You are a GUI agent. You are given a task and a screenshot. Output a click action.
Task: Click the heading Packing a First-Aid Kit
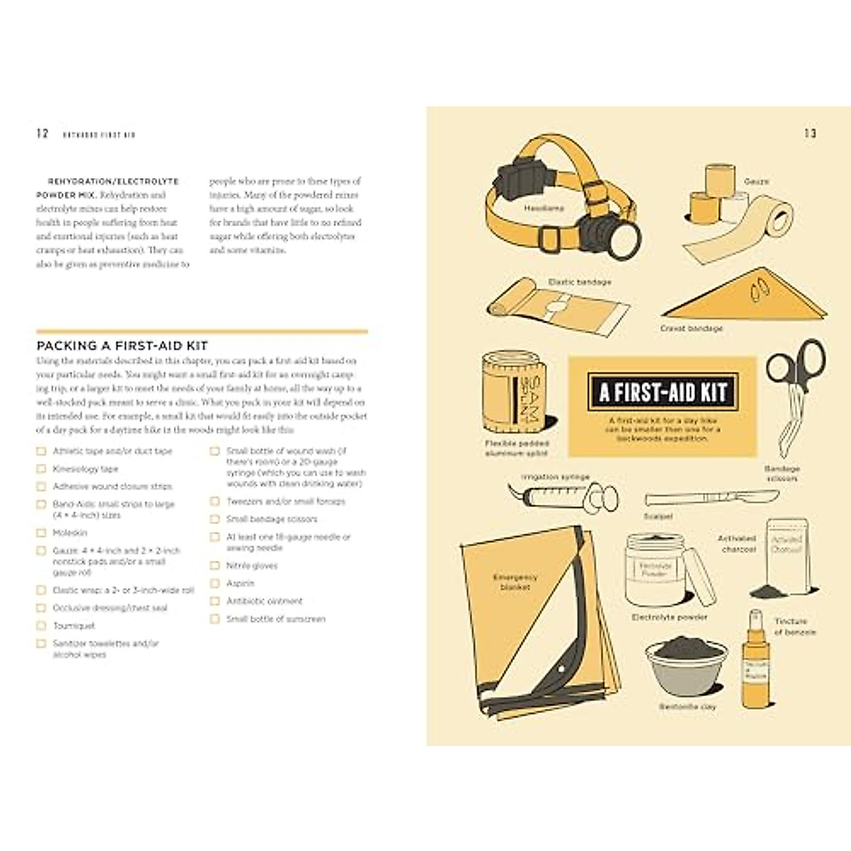pos(122,346)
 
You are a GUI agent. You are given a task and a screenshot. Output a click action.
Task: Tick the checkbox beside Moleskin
pos(41,533)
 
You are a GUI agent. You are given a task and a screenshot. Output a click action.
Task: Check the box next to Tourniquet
pos(41,625)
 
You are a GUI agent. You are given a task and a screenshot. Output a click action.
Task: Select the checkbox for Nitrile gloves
pos(214,565)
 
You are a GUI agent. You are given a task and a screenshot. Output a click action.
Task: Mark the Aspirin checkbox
pos(214,583)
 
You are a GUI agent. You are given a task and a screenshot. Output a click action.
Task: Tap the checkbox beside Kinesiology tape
pos(41,469)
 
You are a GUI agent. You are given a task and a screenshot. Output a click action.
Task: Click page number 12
pos(43,133)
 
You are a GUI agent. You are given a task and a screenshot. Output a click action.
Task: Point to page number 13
pos(810,133)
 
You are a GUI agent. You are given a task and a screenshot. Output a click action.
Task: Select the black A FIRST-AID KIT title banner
pos(662,392)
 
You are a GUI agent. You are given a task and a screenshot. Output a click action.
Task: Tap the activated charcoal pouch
pos(786,557)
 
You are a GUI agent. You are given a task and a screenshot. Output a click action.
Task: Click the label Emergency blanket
pos(516,582)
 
